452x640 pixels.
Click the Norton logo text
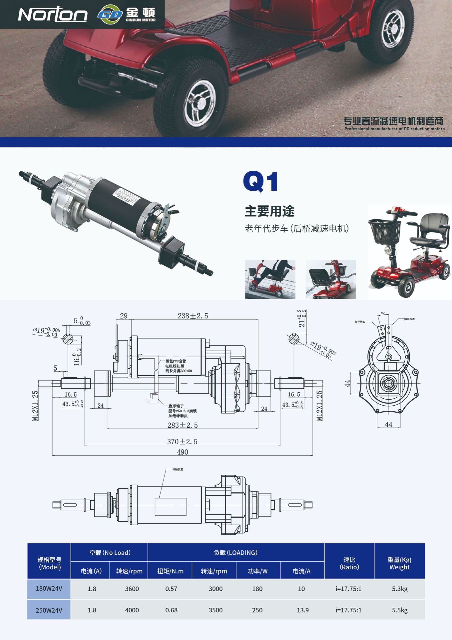pos(53,14)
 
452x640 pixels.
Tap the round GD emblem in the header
pos(110,14)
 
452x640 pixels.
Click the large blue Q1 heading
pos(260,182)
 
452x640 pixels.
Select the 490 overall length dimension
pos(182,452)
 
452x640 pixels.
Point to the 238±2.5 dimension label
pos(193,316)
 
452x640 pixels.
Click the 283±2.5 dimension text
pos(182,425)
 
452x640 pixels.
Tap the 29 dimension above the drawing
pos(124,316)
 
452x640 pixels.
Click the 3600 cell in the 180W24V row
pos(132,589)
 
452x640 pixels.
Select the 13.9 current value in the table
pos(302,610)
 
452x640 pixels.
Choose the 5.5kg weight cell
pos(399,610)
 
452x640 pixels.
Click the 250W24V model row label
pos(49,610)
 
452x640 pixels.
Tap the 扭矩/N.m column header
pos(170,571)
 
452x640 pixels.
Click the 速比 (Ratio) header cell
pos(349,563)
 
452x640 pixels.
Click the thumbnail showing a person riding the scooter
pos(270,279)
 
